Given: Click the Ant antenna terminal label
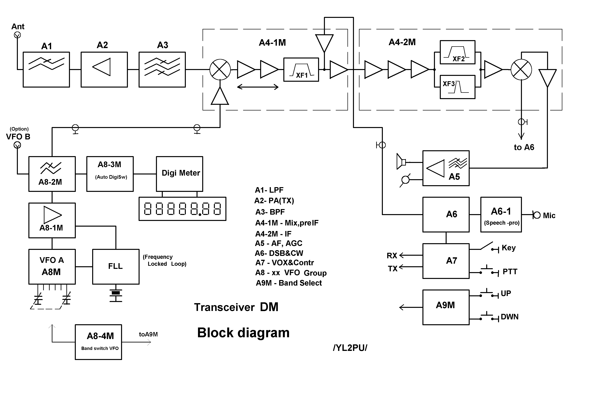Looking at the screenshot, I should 18,26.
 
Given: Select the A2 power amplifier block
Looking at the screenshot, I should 104,70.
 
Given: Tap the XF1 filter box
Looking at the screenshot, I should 301,70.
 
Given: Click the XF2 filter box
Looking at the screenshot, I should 457,52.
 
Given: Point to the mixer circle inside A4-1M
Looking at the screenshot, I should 220,70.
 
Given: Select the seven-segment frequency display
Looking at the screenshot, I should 182,209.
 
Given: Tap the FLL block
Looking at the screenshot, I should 116,267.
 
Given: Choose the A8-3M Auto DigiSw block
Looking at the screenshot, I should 110,174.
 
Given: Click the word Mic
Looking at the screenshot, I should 549,216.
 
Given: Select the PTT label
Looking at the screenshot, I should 510,272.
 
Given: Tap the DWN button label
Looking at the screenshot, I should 509,317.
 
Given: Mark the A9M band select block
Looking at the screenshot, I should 446,307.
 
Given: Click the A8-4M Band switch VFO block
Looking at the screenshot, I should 98,342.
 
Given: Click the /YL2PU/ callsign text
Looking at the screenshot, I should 350,348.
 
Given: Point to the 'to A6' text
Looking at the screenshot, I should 524,147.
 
